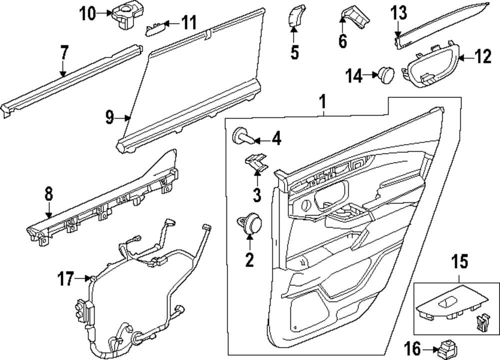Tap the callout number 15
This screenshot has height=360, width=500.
coord(457,261)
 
